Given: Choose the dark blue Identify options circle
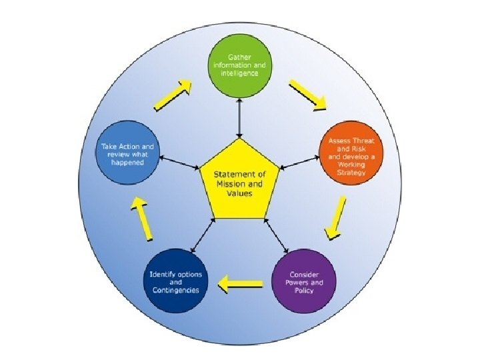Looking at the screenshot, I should point(176,279).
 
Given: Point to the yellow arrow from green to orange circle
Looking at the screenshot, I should point(308,95).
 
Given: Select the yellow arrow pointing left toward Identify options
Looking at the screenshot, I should point(241,285).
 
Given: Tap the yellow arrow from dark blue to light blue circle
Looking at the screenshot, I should point(144,220).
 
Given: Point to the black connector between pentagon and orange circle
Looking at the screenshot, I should point(298,162).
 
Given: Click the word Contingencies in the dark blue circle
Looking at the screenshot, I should point(176,290).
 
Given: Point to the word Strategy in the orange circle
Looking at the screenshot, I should point(353,173).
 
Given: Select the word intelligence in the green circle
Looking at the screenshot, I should point(240,73).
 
